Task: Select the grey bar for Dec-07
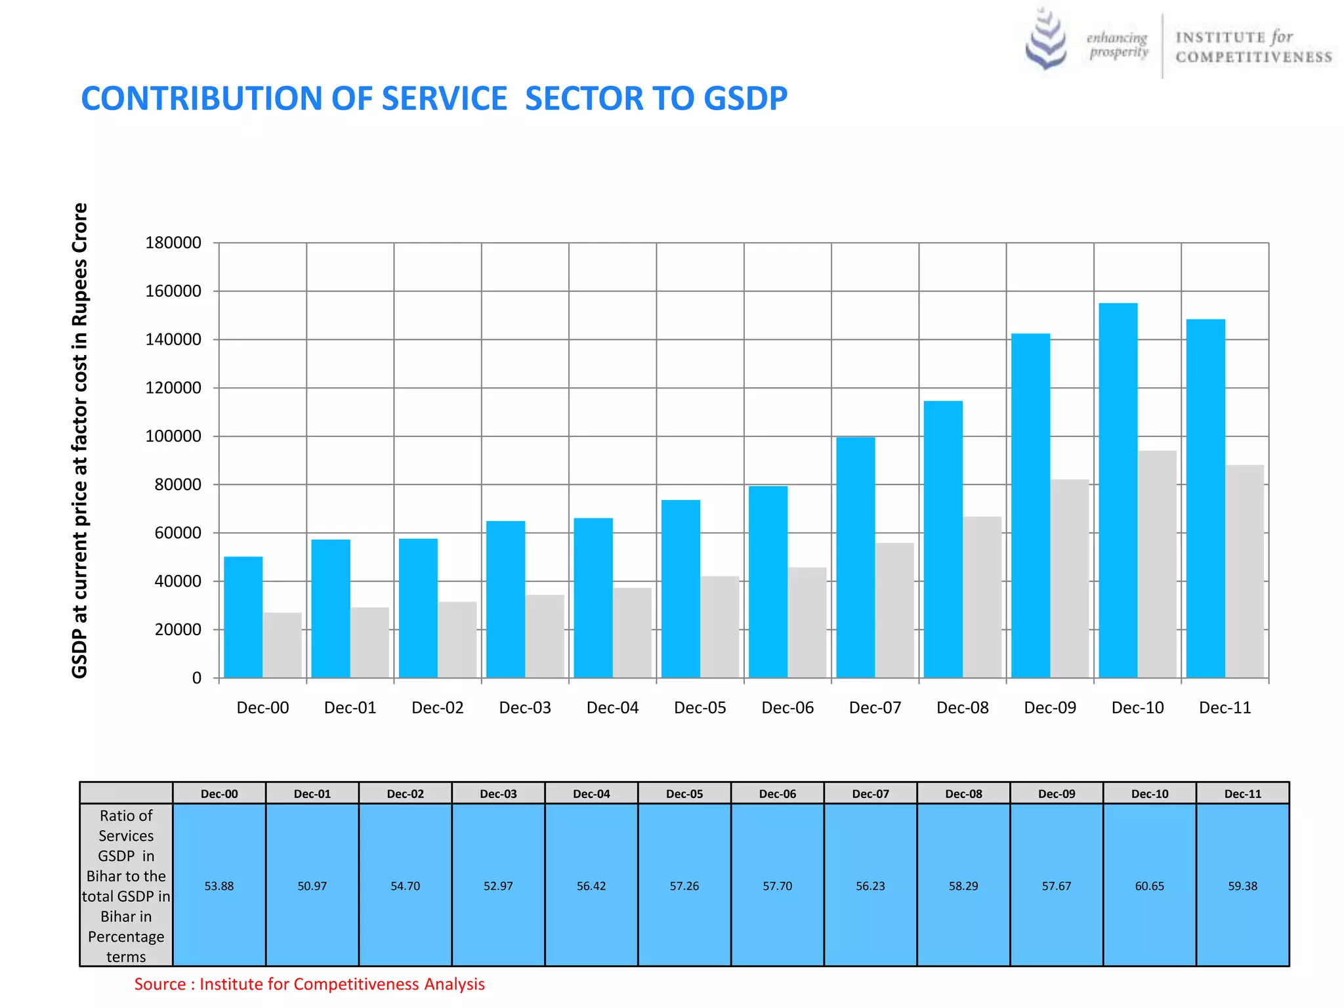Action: click(894, 610)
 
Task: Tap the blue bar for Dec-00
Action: click(243, 617)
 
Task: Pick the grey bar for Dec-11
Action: click(1244, 571)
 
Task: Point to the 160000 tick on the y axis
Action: click(173, 291)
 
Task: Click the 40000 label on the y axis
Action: click(178, 581)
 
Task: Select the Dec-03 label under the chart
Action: click(525, 708)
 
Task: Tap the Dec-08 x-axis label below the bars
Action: click(962, 708)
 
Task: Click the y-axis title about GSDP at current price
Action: click(79, 440)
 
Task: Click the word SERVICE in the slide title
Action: click(444, 99)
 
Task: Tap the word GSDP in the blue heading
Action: click(745, 99)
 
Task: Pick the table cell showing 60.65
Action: click(1149, 886)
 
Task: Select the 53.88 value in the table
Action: click(219, 886)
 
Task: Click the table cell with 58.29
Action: click(963, 886)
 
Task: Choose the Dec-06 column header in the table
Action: click(777, 794)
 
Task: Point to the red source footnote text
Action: click(309, 984)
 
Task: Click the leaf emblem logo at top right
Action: click(1046, 39)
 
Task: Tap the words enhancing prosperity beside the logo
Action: click(1117, 45)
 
